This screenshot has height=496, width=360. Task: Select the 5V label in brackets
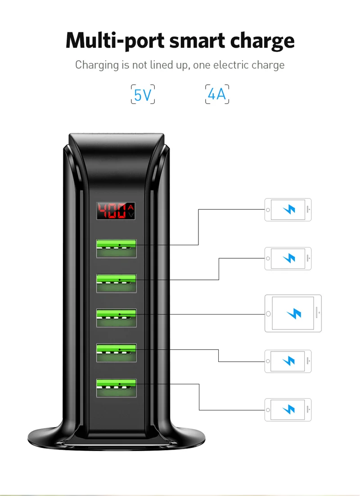143,95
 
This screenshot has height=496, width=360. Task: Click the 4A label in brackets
217,95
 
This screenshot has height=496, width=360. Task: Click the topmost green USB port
116,248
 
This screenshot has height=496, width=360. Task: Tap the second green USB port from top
116,283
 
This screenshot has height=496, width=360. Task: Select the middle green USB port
116,317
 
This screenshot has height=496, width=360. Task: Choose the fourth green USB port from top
116,352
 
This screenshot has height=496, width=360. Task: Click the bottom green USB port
116,387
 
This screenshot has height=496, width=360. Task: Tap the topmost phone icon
288,210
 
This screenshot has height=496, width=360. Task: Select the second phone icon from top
288,258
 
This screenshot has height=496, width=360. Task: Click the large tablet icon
293,313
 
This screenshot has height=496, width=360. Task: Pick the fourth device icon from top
288,361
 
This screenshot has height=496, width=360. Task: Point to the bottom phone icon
288,410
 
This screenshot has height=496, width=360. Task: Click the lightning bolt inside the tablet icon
294,313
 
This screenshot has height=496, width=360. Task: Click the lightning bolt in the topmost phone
289,210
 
